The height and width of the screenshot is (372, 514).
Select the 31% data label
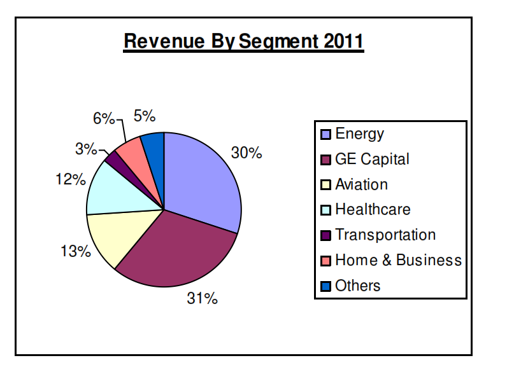pos(202,298)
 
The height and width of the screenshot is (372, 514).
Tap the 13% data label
pos(75,251)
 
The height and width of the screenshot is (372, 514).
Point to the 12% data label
pos(70,179)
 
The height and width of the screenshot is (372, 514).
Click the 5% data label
pos(145,115)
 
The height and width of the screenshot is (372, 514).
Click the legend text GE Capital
pos(372,159)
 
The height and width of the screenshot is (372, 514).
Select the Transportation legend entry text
pos(385,235)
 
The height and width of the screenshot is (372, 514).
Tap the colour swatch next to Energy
pos(325,134)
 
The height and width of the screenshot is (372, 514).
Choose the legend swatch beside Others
pos(325,286)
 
